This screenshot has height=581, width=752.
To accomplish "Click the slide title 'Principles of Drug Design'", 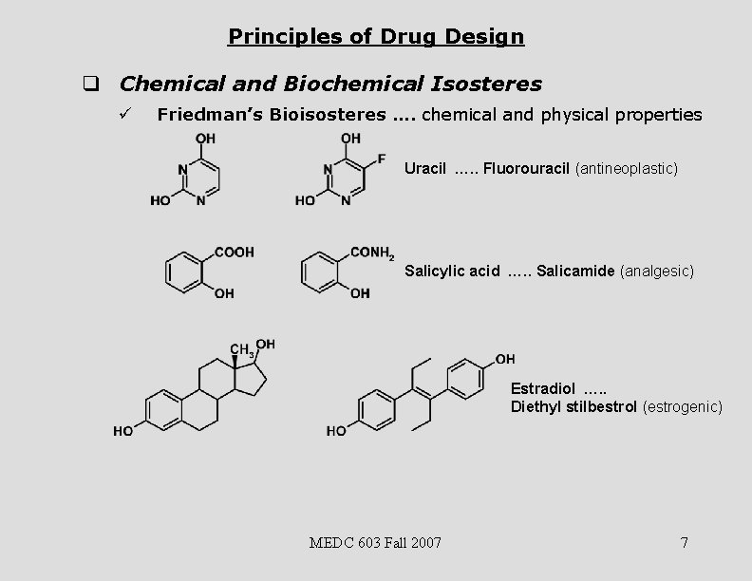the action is [x=375, y=37].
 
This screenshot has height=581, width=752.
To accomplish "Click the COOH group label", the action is [x=235, y=252].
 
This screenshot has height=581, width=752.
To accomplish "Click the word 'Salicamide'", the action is [x=575, y=272].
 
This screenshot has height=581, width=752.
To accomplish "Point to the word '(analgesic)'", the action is [x=657, y=272].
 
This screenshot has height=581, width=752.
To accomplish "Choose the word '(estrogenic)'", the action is [x=683, y=407].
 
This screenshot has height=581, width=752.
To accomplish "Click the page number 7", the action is [x=684, y=543].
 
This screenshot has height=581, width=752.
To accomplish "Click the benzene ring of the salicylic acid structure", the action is [x=181, y=272].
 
